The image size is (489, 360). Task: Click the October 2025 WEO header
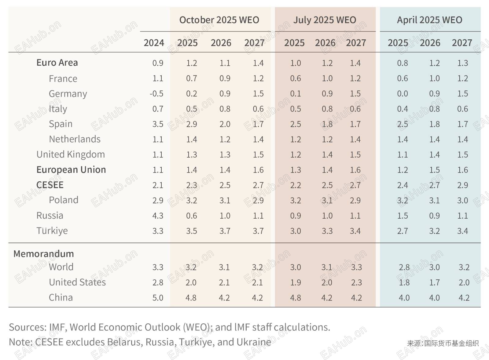pyautogui.click(x=219, y=20)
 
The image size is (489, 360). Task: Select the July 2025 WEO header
pyautogui.click(x=325, y=20)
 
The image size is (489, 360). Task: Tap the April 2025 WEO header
pyautogui.click(x=429, y=20)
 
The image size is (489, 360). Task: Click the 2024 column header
pyautogui.click(x=154, y=43)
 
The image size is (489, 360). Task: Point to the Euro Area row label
pyautogui.click(x=57, y=63)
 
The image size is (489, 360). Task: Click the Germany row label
pyautogui.click(x=68, y=93)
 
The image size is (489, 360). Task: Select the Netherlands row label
pyautogui.click(x=75, y=139)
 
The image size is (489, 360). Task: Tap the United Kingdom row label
pyautogui.click(x=71, y=155)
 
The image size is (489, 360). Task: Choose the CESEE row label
pyautogui.click(x=50, y=185)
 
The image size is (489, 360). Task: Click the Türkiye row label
pyautogui.click(x=52, y=231)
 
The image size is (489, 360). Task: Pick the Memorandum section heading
pyautogui.click(x=44, y=254)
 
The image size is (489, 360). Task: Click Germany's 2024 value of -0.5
pyautogui.click(x=156, y=94)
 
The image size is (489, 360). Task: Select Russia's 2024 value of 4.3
pyautogui.click(x=158, y=216)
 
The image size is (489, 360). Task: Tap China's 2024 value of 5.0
pyautogui.click(x=158, y=298)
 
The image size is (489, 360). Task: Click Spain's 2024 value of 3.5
pyautogui.click(x=158, y=124)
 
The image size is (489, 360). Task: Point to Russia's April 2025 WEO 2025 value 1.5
pyautogui.click(x=403, y=216)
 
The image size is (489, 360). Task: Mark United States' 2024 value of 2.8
pyautogui.click(x=158, y=282)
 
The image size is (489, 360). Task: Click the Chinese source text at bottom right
pyautogui.click(x=443, y=344)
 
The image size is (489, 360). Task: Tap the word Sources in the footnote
pyautogui.click(x=27, y=327)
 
